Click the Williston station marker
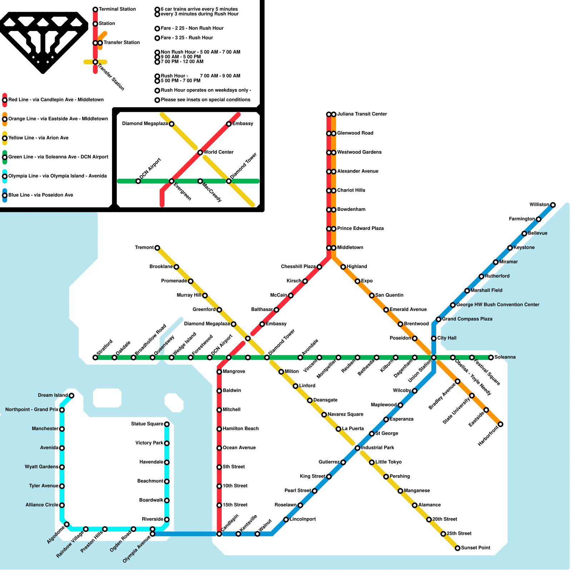tap(553, 205)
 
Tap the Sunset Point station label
tap(475, 548)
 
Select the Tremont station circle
tap(157, 248)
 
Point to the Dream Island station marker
tap(71, 395)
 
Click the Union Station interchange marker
tap(434, 357)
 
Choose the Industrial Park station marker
tap(357, 448)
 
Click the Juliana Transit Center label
tap(362, 114)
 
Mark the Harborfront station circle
tap(500, 424)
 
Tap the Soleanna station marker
tap(491, 357)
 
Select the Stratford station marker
tap(95, 357)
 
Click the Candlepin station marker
tap(219, 534)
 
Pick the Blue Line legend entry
tap(40, 195)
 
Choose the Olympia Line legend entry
tap(57, 176)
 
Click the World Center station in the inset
tap(200, 153)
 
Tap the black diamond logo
tap(43, 41)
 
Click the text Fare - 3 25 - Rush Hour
tap(187, 38)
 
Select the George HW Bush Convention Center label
tap(498, 305)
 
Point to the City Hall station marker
tap(434, 338)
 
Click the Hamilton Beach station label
tap(241, 429)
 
